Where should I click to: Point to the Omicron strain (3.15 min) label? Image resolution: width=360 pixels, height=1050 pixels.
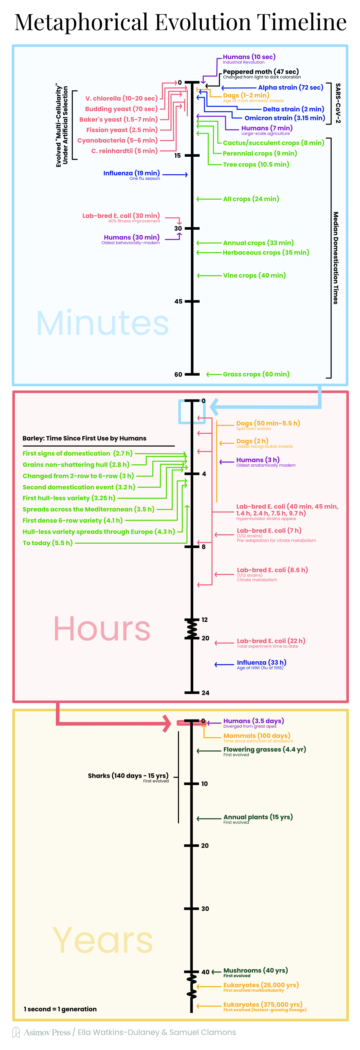pyautogui.click(x=285, y=118)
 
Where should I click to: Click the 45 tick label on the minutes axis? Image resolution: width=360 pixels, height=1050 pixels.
pyautogui.click(x=178, y=302)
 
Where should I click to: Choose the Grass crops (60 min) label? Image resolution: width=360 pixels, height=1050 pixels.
pyautogui.click(x=256, y=374)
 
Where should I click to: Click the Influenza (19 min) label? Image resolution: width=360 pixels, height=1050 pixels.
pyautogui.click(x=131, y=173)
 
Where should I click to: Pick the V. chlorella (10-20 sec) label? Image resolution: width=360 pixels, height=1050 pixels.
pyautogui.click(x=122, y=99)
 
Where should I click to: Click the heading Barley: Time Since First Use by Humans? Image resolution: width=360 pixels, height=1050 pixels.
pyautogui.click(x=84, y=438)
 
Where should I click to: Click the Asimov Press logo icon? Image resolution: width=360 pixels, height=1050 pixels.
pyautogui.click(x=16, y=1032)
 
